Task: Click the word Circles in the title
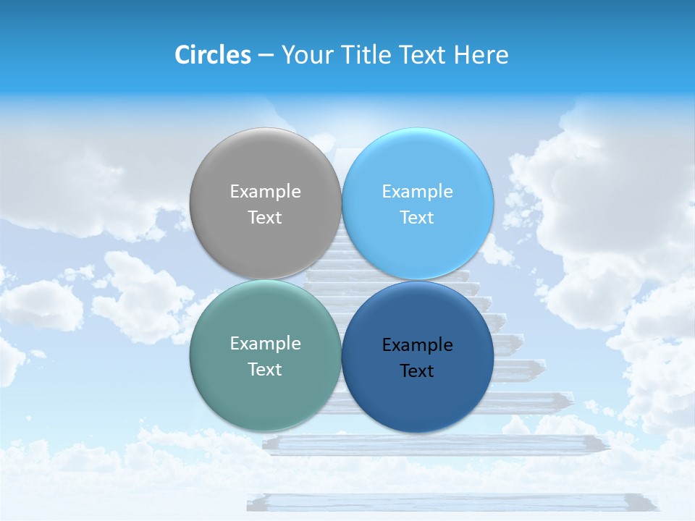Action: (212, 55)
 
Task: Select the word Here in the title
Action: (481, 55)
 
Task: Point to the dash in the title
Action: (266, 56)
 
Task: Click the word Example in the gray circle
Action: (265, 191)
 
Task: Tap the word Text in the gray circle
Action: (265, 217)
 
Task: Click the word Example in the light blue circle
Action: (417, 191)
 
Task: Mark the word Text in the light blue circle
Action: (417, 217)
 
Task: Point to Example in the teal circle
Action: (265, 343)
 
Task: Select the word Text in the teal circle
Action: (265, 369)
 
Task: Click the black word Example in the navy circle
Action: (417, 344)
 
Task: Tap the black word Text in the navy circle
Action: (417, 370)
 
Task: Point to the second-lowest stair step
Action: (434, 443)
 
